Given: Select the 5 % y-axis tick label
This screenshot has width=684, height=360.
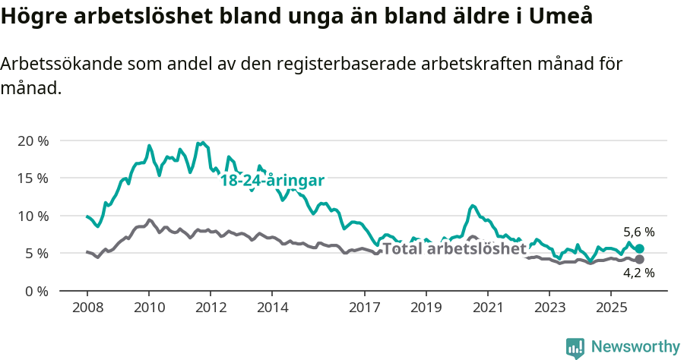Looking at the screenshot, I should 35,253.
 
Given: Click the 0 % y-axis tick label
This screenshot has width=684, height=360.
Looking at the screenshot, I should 35,290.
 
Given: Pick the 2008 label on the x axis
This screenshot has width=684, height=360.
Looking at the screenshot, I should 87,308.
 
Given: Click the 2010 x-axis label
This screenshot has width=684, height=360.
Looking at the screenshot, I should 149,308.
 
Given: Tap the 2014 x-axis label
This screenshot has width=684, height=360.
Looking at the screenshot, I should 272,308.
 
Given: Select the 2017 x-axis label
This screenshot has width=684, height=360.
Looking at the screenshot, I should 364,308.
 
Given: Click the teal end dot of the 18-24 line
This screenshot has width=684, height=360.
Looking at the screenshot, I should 639,249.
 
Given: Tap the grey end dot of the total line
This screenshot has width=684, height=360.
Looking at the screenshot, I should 639,260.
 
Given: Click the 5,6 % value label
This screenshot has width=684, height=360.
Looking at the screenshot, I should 638,232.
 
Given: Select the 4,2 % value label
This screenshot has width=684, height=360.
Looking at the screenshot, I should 638,273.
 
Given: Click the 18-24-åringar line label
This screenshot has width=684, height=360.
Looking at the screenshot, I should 272,181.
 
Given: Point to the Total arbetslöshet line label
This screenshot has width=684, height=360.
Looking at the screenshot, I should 454,248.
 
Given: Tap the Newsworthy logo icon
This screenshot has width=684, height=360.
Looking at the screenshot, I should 575,348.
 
